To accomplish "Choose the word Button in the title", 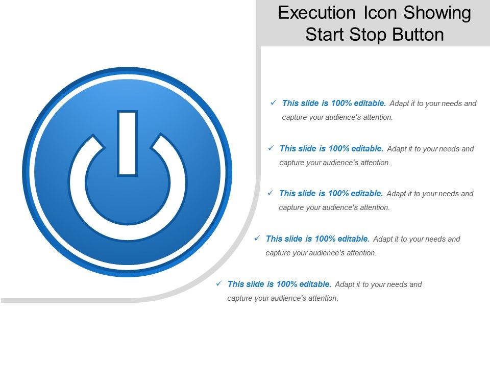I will tap(419, 35).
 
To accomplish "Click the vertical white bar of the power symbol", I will tap(127, 143).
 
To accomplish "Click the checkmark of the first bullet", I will tap(273, 102).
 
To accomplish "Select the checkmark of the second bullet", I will tap(271, 148).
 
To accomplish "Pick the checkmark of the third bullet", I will tap(270, 193).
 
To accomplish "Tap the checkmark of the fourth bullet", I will tap(257, 238).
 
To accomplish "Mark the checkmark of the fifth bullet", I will tap(218, 283).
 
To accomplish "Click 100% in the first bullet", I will tap(341, 103).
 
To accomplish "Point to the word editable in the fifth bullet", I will tap(315, 284).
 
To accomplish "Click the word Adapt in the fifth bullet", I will tap(345, 284).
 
